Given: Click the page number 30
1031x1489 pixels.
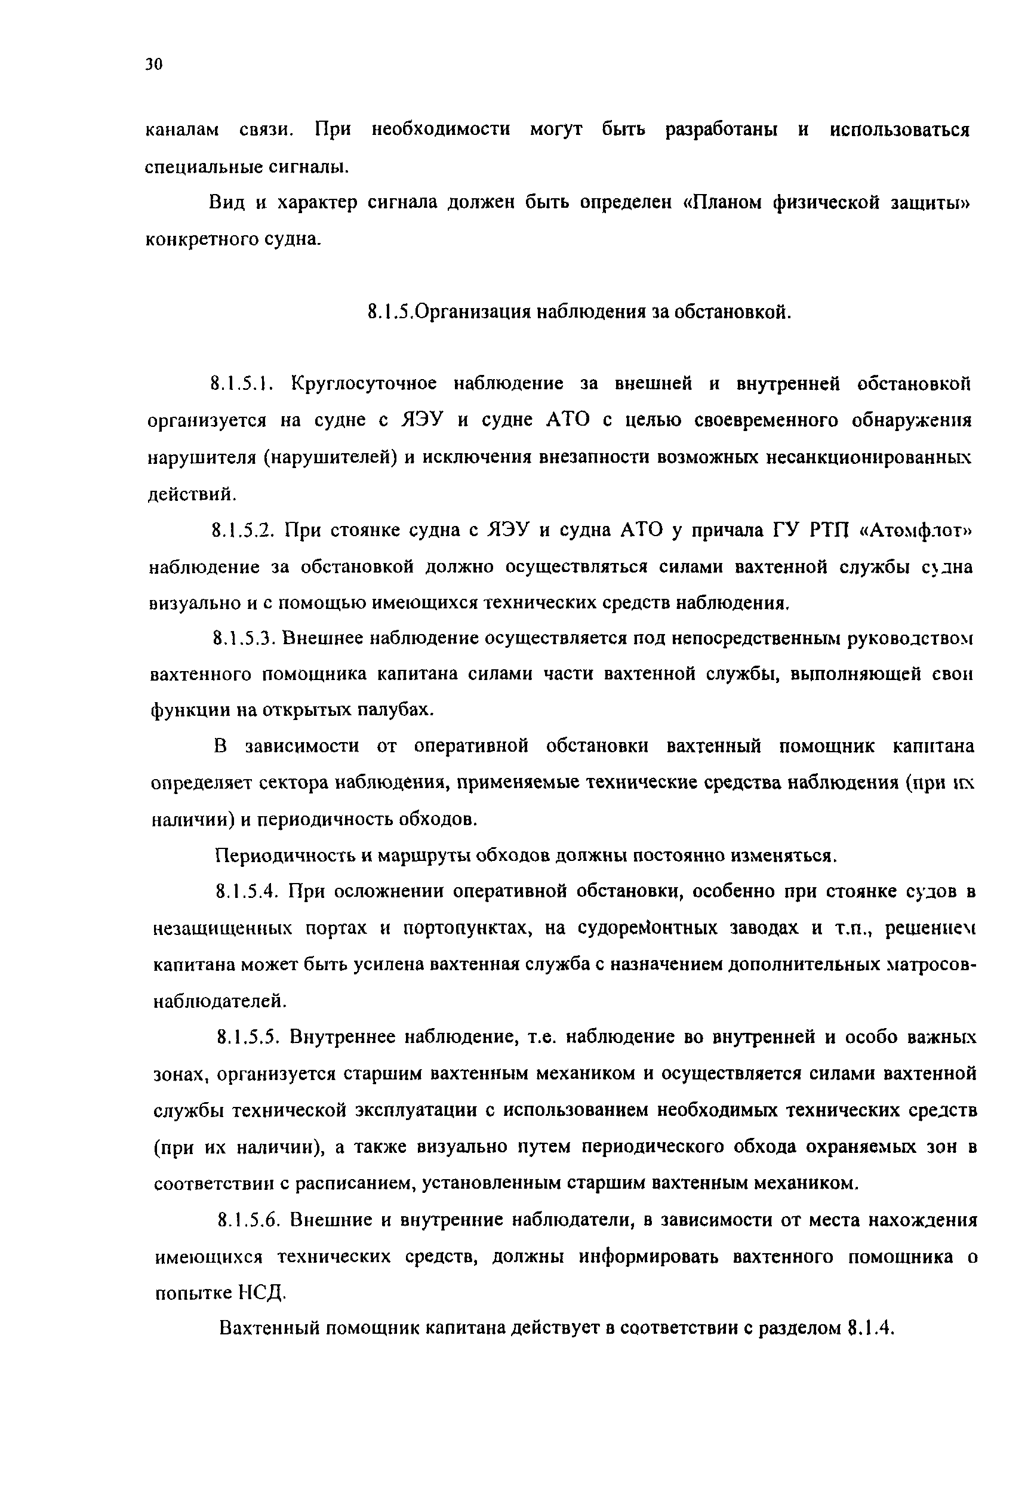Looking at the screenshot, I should (x=155, y=64).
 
